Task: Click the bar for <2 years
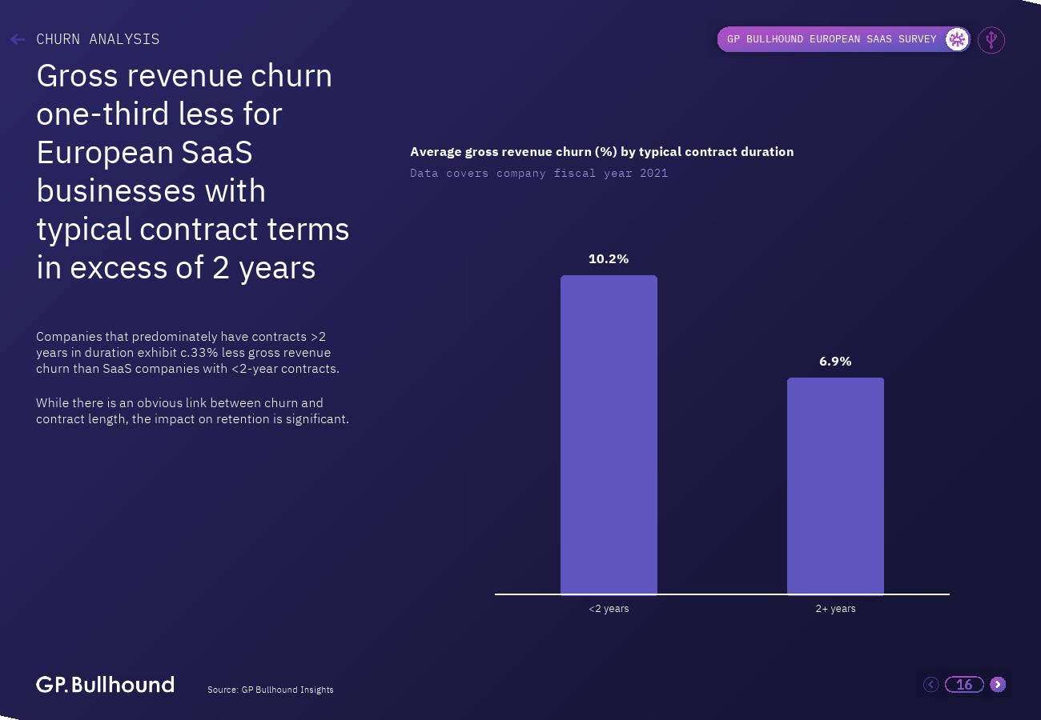coord(609,435)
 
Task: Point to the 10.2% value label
coord(609,259)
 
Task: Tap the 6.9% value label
coord(835,362)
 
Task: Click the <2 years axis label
coord(609,609)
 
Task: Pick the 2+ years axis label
coord(835,609)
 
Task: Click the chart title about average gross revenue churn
coord(601,152)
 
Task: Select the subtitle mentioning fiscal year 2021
coord(538,173)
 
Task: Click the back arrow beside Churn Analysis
coord(18,39)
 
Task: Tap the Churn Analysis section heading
coord(98,39)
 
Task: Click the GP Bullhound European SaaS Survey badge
coord(831,39)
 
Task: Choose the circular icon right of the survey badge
coord(991,39)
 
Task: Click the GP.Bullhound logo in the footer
coord(105,685)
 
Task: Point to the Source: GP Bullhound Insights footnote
coord(270,690)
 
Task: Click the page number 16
coord(964,685)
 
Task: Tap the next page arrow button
coord(998,684)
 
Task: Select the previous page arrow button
coord(930,684)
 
